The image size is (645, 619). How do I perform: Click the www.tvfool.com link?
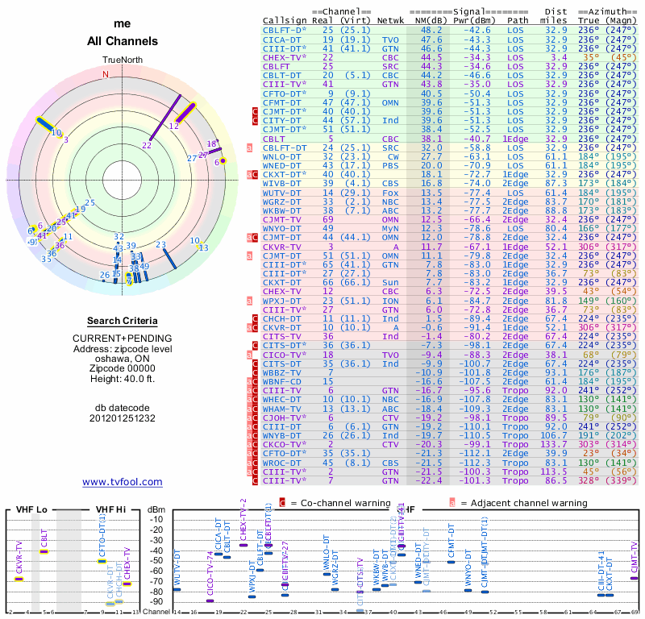(123, 482)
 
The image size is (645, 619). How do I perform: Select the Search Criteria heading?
(123, 321)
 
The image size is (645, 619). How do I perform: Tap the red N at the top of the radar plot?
(105, 74)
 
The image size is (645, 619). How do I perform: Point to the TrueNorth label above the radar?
(122, 60)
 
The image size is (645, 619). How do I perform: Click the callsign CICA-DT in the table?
(284, 39)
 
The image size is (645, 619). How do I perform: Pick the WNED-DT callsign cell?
(284, 164)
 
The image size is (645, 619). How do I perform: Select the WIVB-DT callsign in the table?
(284, 183)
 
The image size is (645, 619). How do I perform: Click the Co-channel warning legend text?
(341, 503)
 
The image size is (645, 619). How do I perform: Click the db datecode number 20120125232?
(123, 418)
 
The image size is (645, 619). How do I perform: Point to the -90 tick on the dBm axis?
(157, 602)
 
